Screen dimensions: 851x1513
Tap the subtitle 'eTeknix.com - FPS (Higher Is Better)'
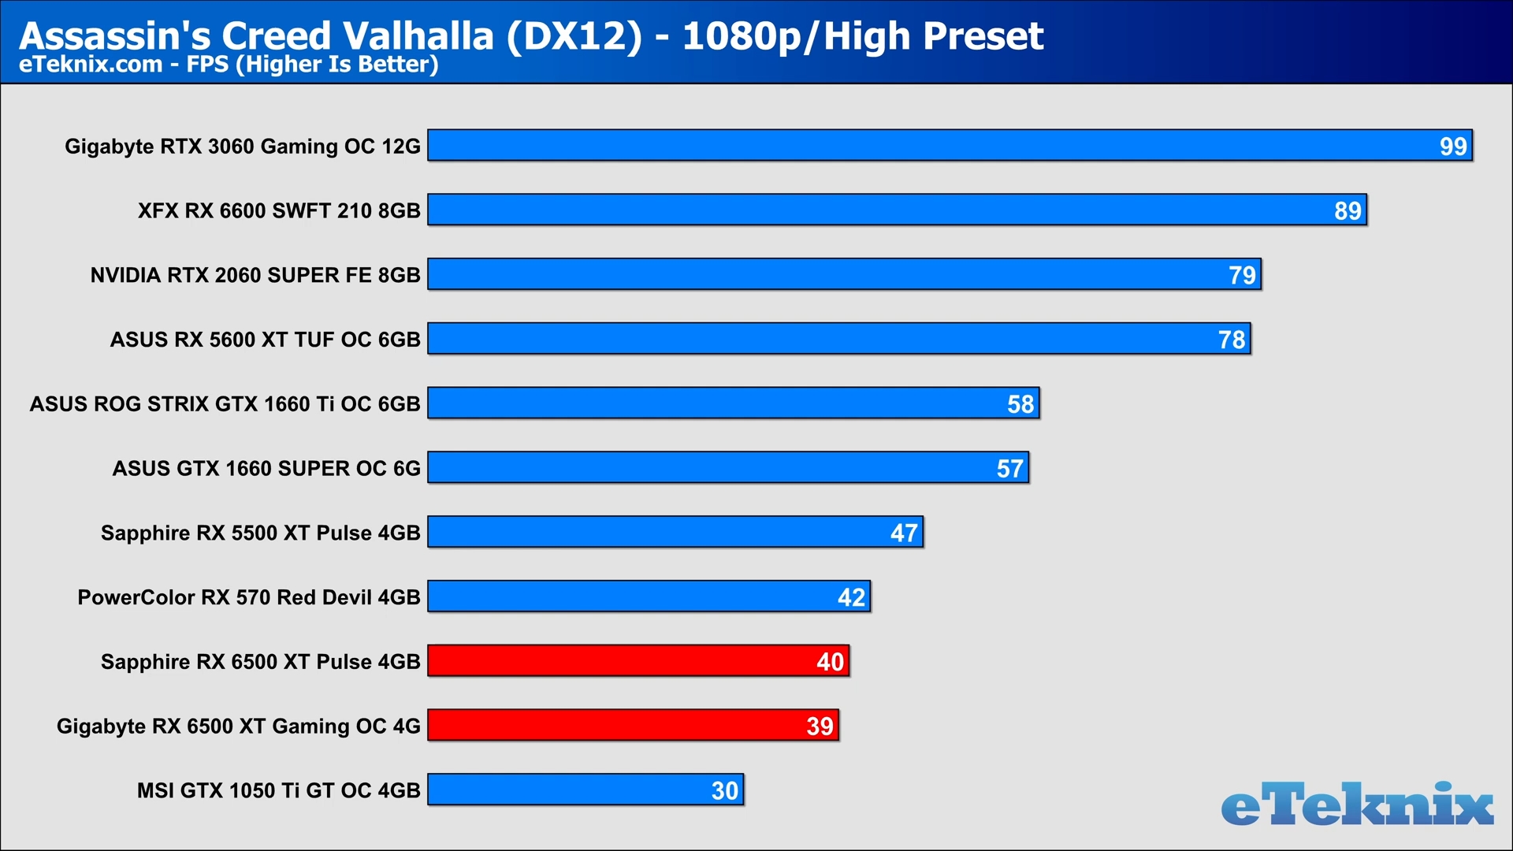[x=229, y=64]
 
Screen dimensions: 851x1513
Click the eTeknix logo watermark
[x=1357, y=805]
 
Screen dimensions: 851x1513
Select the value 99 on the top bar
[x=1453, y=147]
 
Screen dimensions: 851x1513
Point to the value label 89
[x=1348, y=211]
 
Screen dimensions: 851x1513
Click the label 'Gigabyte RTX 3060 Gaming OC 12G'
[x=243, y=147]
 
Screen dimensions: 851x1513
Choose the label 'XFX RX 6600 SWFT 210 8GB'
[x=279, y=211]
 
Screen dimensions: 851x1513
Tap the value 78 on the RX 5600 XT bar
[x=1232, y=340]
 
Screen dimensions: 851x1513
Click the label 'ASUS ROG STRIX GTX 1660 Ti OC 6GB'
[x=225, y=404]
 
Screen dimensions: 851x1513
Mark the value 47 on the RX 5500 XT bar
[x=904, y=533]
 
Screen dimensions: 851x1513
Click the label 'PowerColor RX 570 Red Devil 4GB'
[x=249, y=597]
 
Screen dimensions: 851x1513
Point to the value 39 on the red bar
[x=820, y=727]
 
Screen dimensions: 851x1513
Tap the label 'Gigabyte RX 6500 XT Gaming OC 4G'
[x=239, y=727]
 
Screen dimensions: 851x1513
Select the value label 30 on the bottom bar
[x=725, y=791]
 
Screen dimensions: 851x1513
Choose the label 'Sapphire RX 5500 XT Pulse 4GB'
[x=261, y=533]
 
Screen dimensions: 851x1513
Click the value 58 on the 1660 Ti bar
[x=1020, y=404]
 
